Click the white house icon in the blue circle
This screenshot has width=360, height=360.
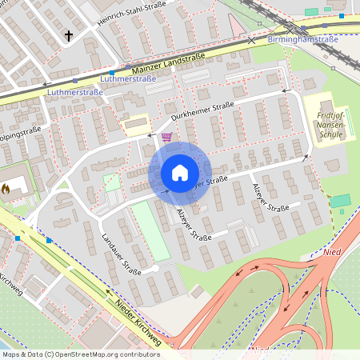point(179,173)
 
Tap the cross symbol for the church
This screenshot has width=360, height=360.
point(69,35)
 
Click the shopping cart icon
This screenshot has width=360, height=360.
point(166,137)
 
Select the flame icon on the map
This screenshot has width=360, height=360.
point(6,190)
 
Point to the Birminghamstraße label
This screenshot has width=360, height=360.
point(302,38)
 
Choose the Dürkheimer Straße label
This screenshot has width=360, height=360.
point(202,111)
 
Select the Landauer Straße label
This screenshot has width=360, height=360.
point(121,254)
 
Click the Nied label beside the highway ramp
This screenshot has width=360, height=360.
point(331,253)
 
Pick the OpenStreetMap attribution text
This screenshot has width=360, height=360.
point(81,354)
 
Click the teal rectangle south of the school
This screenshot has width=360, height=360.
point(341,200)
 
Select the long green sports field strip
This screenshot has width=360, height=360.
point(151,230)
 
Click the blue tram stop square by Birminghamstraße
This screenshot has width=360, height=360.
point(342,16)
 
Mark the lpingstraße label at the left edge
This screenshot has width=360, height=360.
point(20,130)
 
